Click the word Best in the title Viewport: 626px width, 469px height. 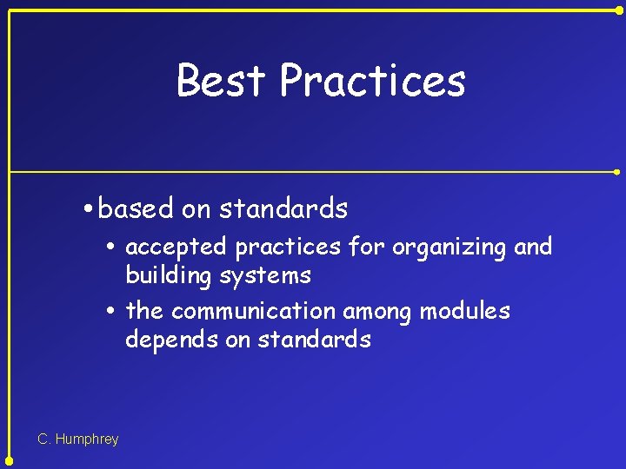pos(220,81)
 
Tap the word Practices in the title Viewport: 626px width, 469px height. pos(373,81)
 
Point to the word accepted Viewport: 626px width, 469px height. pos(177,248)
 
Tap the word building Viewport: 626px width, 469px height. pos(165,276)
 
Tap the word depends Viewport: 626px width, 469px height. pos(171,340)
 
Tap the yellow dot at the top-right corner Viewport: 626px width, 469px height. pos(619,10)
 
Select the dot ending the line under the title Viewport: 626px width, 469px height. pos(616,172)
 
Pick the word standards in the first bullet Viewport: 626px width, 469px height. pos(283,208)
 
